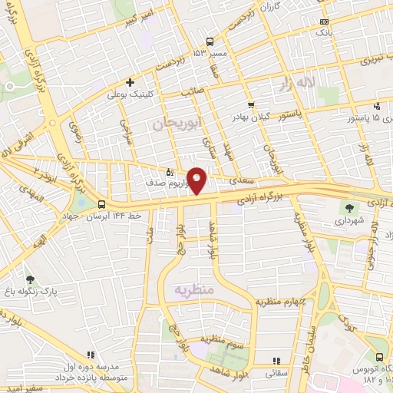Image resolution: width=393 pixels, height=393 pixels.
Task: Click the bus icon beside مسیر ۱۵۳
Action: pyautogui.click(x=210, y=42)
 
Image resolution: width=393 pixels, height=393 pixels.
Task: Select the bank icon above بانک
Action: pyautogui.click(x=325, y=22)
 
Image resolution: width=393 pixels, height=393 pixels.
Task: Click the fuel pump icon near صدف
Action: pyautogui.click(x=170, y=173)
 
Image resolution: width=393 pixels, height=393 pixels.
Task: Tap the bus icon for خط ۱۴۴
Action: pyautogui.click(x=102, y=203)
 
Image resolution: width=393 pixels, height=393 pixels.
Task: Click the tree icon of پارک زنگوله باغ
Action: pyautogui.click(x=30, y=281)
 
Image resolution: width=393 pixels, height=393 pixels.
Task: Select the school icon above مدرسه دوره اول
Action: pyautogui.click(x=91, y=355)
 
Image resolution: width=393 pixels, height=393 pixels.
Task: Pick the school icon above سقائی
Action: pyautogui.click(x=277, y=361)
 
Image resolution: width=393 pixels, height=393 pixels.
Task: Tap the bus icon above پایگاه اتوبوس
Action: pyautogui.click(x=380, y=356)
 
